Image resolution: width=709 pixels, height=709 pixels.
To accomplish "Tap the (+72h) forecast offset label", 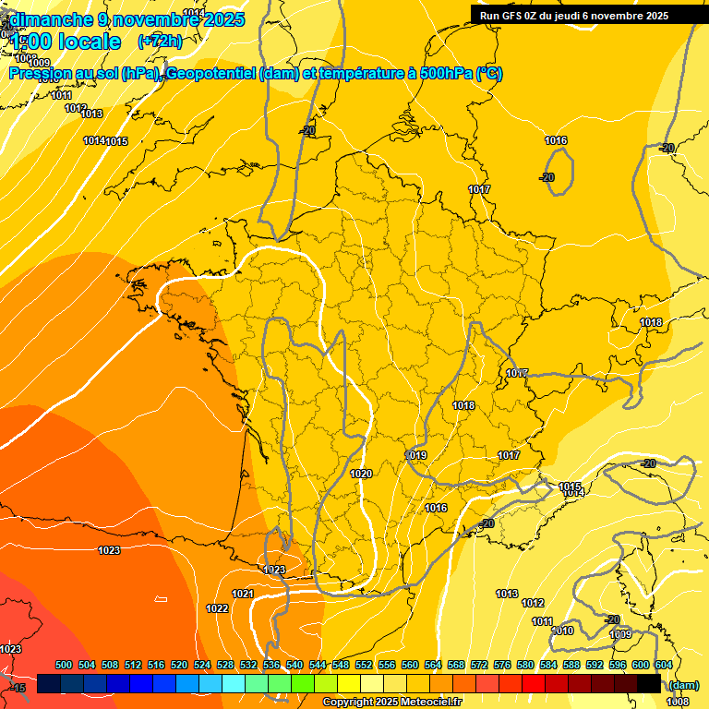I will tap(160, 42).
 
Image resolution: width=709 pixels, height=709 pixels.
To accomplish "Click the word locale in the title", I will tap(90, 42).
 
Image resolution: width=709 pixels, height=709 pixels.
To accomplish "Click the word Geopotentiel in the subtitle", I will tap(210, 74).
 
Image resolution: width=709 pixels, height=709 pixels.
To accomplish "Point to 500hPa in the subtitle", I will tap(441, 74).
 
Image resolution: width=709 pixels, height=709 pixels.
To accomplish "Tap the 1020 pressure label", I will tap(361, 474).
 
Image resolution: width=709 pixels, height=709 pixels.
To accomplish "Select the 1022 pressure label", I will tap(217, 608).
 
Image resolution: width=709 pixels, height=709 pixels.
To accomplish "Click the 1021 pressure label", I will tap(243, 594).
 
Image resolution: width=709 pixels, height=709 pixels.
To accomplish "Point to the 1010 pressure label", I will tap(562, 631).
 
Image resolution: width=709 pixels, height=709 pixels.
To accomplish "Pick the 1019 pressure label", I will tap(416, 455).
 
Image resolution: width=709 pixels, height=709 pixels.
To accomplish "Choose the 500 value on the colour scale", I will tap(64, 665).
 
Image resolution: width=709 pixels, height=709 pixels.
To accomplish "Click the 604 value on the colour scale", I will tap(664, 665).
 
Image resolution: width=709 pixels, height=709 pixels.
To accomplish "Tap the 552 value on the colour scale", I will tap(364, 665).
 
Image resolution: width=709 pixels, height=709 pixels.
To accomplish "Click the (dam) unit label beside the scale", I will tap(683, 685).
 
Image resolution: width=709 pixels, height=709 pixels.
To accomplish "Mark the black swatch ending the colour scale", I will tap(649, 684).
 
